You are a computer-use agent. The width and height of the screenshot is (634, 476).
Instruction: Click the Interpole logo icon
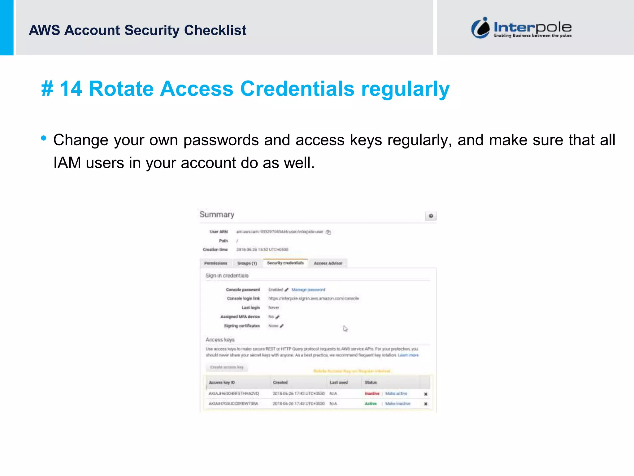480,28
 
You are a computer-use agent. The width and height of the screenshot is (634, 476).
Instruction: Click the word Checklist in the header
215,30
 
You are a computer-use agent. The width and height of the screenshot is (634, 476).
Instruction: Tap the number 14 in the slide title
71,89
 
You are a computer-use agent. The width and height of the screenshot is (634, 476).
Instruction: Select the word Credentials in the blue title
297,89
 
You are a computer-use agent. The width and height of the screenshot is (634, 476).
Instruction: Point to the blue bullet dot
44,138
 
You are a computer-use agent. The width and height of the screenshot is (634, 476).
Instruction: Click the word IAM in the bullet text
67,163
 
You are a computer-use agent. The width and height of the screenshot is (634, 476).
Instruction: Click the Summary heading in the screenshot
217,214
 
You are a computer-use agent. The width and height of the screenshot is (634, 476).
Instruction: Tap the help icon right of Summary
431,216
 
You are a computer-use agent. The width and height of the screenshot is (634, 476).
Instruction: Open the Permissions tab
216,263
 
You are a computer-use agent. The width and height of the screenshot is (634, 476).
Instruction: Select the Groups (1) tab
247,263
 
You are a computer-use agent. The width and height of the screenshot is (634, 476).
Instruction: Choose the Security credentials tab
285,263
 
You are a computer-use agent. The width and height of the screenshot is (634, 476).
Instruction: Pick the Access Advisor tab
328,263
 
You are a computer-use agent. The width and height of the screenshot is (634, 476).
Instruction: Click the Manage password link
308,290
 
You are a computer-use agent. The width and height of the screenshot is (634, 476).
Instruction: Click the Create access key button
227,367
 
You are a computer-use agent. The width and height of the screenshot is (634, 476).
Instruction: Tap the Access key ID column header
222,382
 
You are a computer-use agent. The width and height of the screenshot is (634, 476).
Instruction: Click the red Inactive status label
372,394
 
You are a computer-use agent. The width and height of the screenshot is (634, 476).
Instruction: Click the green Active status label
371,403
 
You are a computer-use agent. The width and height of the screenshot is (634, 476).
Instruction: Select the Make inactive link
398,403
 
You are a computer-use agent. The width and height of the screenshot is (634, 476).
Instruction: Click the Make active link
396,394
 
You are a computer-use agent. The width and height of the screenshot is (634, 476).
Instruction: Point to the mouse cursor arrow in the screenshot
345,328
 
